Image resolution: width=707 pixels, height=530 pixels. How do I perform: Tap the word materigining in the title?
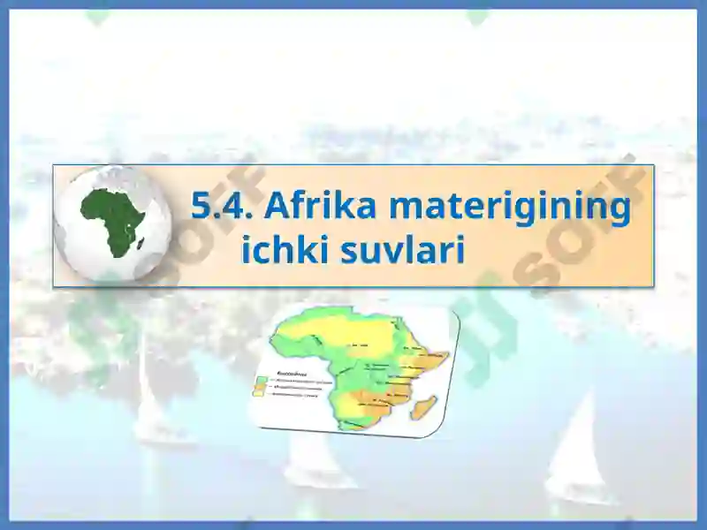(x=510, y=208)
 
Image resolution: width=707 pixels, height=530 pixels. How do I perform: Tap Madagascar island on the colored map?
(x=425, y=408)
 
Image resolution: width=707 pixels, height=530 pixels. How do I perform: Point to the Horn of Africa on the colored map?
(x=435, y=360)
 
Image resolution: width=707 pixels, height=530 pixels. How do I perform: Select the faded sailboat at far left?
(x=150, y=406)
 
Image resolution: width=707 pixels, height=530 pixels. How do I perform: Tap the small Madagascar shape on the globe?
(x=141, y=240)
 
